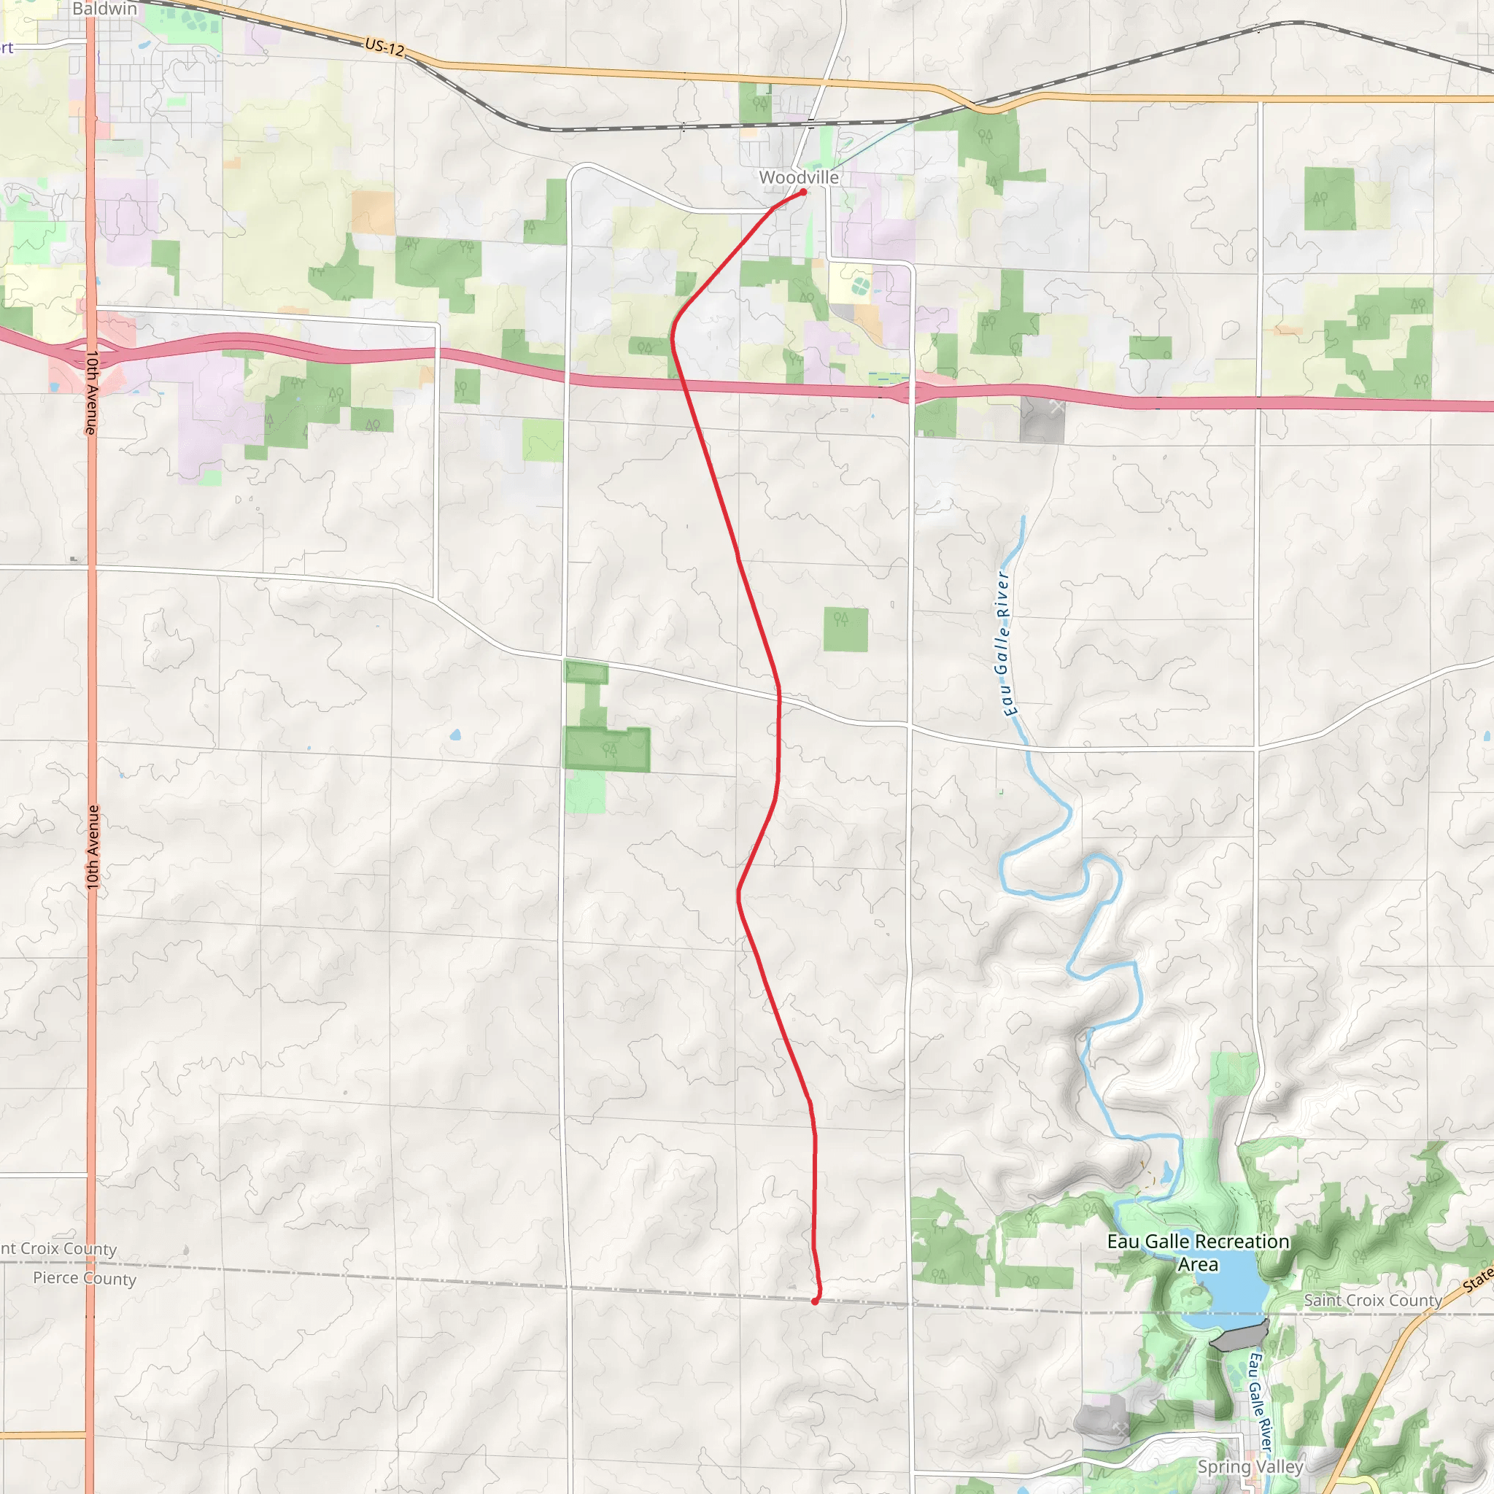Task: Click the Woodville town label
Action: pos(798,177)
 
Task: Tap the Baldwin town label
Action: pos(104,9)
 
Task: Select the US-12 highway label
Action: pos(384,48)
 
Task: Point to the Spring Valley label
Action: pos(1250,1466)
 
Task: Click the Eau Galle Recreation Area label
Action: pos(1198,1253)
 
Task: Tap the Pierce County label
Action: pos(85,1278)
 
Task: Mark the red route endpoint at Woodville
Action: pos(803,192)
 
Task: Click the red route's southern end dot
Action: pos(814,1301)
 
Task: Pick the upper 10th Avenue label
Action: pos(91,393)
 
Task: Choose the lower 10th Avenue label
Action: pos(93,847)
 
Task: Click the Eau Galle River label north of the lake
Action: pos(1005,643)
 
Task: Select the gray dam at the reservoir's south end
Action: pos(1239,1336)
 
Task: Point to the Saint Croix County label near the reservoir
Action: pos(1373,1301)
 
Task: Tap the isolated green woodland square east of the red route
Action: pos(845,630)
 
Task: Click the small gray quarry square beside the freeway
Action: pos(1042,420)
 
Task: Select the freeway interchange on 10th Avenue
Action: pos(90,352)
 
